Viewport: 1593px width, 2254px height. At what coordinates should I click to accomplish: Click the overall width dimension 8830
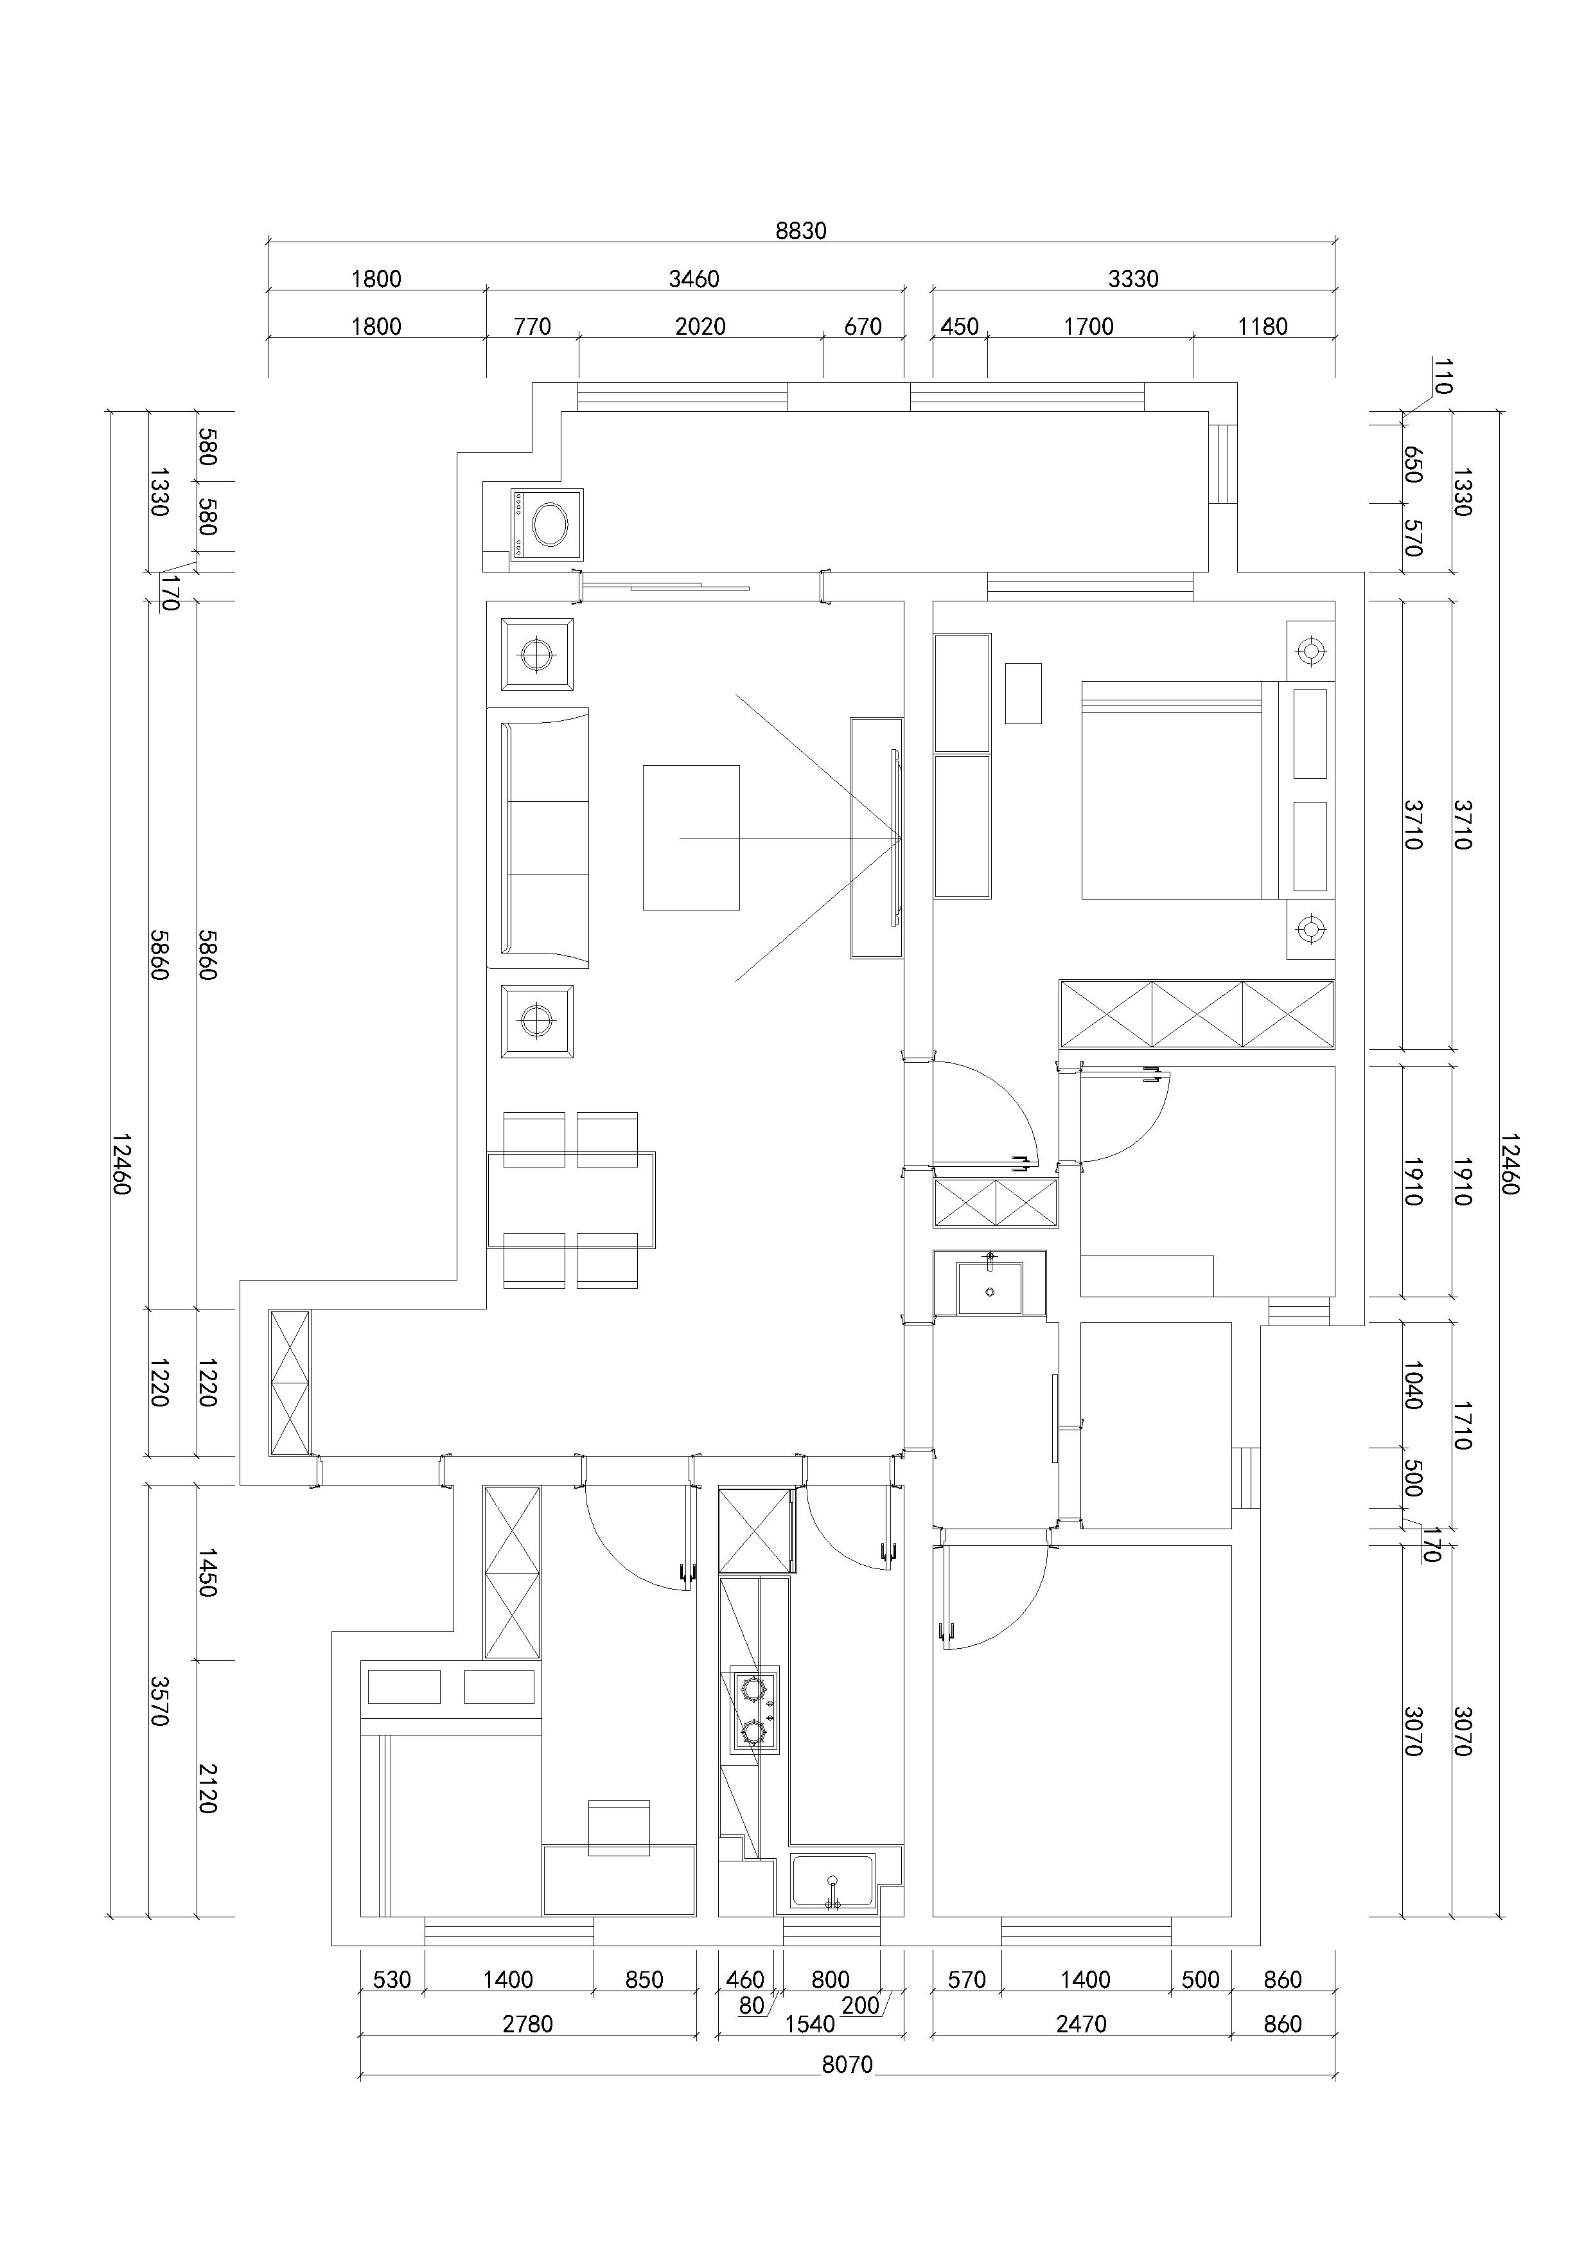801,231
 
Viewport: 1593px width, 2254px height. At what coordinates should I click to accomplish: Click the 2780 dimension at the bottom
528,2023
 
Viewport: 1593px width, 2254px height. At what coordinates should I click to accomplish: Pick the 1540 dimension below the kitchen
810,2023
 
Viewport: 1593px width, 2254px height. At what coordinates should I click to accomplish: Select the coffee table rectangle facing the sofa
691,837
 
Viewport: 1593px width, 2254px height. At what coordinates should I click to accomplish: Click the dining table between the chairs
571,1200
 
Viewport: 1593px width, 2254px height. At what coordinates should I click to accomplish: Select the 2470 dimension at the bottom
1082,2023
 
